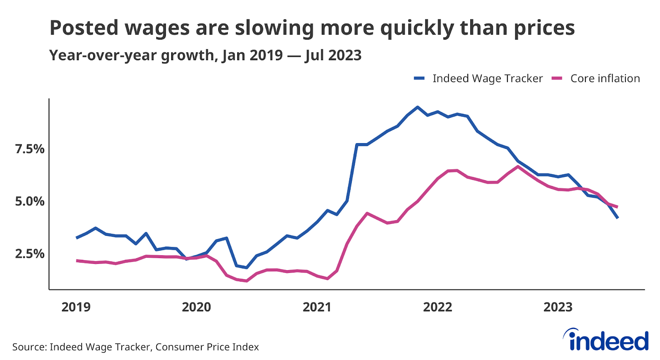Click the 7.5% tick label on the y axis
coord(30,149)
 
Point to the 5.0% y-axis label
coord(30,201)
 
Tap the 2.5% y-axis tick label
coord(30,254)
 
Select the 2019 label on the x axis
coord(76,307)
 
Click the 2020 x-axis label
coord(196,307)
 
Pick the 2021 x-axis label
coord(317,307)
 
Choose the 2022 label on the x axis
coord(438,307)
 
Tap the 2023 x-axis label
coord(558,307)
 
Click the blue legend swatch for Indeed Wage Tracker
coord(420,78)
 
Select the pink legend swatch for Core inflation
coord(557,78)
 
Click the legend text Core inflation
coord(605,78)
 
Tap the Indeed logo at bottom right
coord(606,340)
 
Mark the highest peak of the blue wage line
coord(417,107)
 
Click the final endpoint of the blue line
coord(618,218)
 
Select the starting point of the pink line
coord(77,261)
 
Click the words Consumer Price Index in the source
coord(207,347)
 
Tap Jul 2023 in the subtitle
coord(333,55)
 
